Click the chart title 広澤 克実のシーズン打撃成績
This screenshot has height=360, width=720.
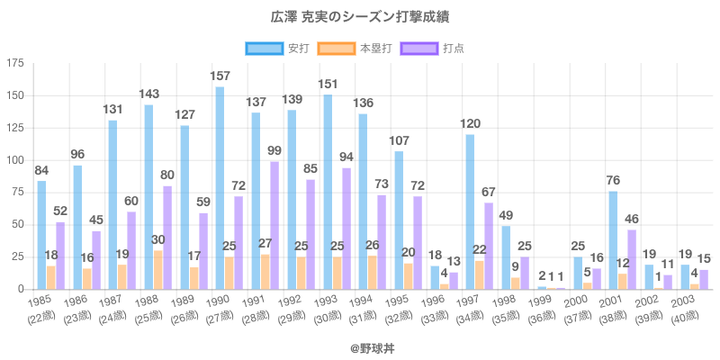(x=360, y=16)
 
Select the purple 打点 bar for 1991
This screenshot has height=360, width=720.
(x=274, y=225)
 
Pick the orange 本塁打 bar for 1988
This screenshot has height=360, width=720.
(x=158, y=270)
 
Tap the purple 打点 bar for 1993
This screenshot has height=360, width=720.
(x=345, y=229)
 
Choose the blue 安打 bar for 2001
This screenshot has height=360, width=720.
(x=613, y=240)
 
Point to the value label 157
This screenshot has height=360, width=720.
(x=220, y=76)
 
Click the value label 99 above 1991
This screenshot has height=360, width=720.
(x=274, y=151)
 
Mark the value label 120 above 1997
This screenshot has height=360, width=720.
(x=470, y=124)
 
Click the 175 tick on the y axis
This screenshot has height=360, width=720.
(x=15, y=63)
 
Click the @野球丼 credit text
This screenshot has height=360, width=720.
(x=360, y=345)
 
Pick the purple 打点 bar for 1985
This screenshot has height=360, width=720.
(x=59, y=256)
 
